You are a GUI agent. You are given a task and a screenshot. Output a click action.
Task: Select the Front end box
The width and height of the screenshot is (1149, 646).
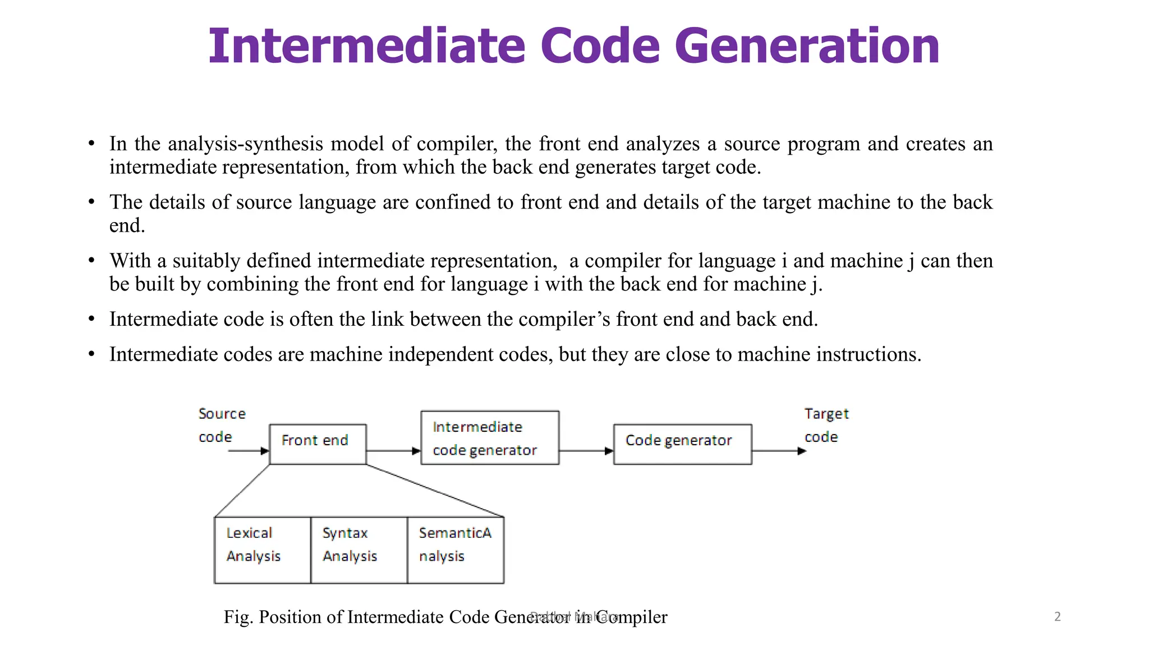(x=318, y=444)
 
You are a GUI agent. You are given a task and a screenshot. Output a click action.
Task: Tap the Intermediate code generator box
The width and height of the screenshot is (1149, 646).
(x=490, y=438)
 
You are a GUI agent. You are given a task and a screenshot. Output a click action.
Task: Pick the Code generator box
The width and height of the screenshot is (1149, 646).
(x=682, y=444)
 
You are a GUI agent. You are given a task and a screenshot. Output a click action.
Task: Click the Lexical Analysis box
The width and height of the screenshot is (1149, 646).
(x=262, y=550)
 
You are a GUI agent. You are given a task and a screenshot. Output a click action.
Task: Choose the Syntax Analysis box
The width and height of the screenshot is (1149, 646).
(x=359, y=550)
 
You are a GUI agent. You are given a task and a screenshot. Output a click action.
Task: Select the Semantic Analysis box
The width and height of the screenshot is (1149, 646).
(x=455, y=550)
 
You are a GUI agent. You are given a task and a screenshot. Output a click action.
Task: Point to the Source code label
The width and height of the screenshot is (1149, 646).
(x=222, y=425)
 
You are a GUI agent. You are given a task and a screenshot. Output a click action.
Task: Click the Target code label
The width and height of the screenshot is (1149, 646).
(x=826, y=425)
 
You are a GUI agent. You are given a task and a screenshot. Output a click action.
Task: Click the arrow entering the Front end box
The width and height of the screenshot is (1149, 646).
(x=248, y=451)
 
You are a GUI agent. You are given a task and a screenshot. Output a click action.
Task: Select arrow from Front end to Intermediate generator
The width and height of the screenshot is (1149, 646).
(x=393, y=451)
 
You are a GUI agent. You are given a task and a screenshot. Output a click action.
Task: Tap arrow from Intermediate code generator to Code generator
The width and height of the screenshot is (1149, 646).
(x=586, y=451)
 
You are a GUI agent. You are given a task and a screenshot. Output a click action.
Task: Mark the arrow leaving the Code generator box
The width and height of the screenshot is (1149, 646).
(x=779, y=451)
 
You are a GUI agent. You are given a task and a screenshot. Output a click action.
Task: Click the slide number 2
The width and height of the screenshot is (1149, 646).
(x=1058, y=616)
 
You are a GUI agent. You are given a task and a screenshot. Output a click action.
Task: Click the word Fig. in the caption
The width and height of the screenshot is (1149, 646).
(x=238, y=617)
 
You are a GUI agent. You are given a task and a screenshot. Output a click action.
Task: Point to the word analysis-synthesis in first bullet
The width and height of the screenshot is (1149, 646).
(x=246, y=144)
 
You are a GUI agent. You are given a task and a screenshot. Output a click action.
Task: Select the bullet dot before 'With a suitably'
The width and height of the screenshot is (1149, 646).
(x=91, y=261)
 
